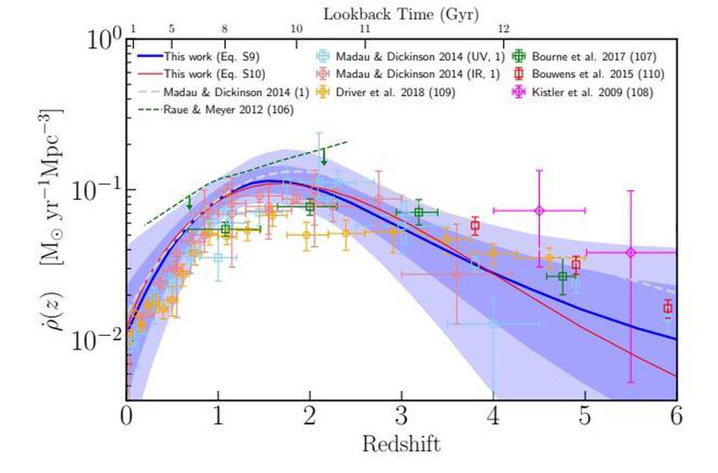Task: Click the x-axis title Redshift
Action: coord(401,445)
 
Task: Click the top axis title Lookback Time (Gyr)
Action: coord(400,13)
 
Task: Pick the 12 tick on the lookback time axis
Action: coord(503,28)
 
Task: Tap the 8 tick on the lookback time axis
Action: coord(224,28)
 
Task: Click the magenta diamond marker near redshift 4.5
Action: coord(539,210)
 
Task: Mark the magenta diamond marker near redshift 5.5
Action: coord(630,252)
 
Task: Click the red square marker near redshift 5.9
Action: coord(668,308)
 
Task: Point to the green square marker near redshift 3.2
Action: coord(419,212)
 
